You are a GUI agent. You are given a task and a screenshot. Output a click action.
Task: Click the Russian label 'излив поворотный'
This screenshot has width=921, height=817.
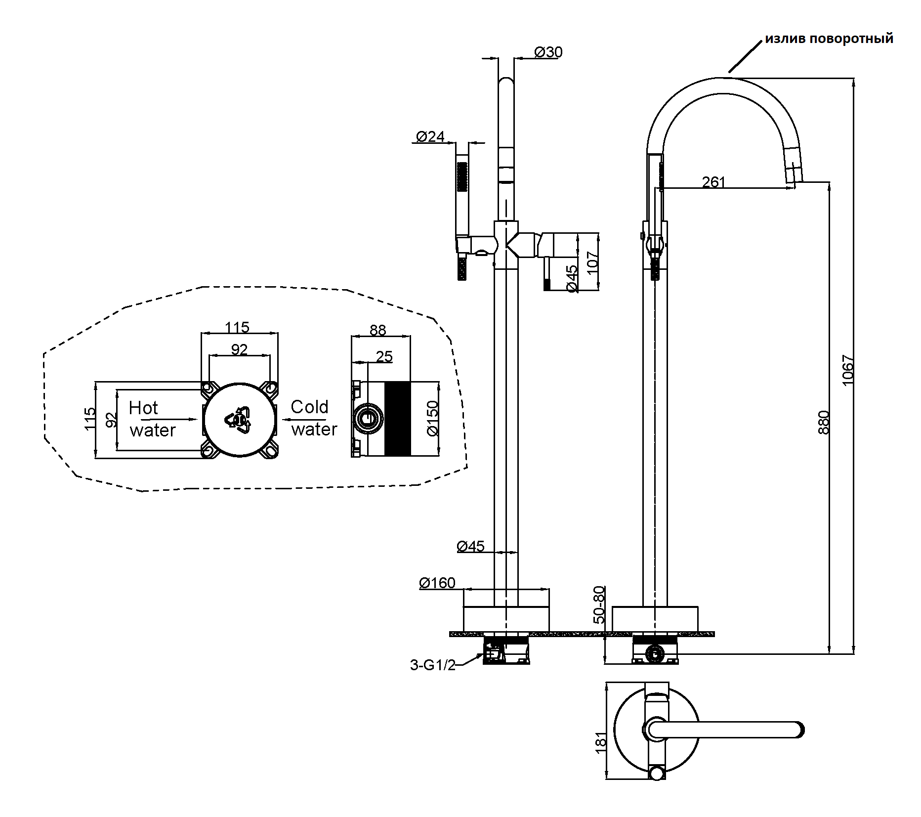829,39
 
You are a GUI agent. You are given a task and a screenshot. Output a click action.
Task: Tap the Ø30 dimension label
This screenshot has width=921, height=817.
548,52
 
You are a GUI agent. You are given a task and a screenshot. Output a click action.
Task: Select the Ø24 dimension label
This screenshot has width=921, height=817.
430,136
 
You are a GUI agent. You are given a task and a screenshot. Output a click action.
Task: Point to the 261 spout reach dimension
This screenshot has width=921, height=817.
713,182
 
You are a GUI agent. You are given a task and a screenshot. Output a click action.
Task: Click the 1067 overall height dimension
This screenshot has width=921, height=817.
847,370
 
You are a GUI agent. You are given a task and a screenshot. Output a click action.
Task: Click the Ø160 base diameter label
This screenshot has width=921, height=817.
437,583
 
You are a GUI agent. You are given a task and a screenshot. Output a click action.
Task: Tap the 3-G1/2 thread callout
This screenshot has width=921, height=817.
433,665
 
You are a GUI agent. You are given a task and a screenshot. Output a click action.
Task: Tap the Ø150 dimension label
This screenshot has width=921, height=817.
432,418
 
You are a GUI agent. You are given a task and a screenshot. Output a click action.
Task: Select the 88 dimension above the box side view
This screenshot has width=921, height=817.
377,330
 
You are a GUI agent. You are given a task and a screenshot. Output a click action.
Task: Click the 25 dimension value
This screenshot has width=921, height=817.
384,356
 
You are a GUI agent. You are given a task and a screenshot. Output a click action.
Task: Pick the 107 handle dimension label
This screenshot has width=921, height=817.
592,262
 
